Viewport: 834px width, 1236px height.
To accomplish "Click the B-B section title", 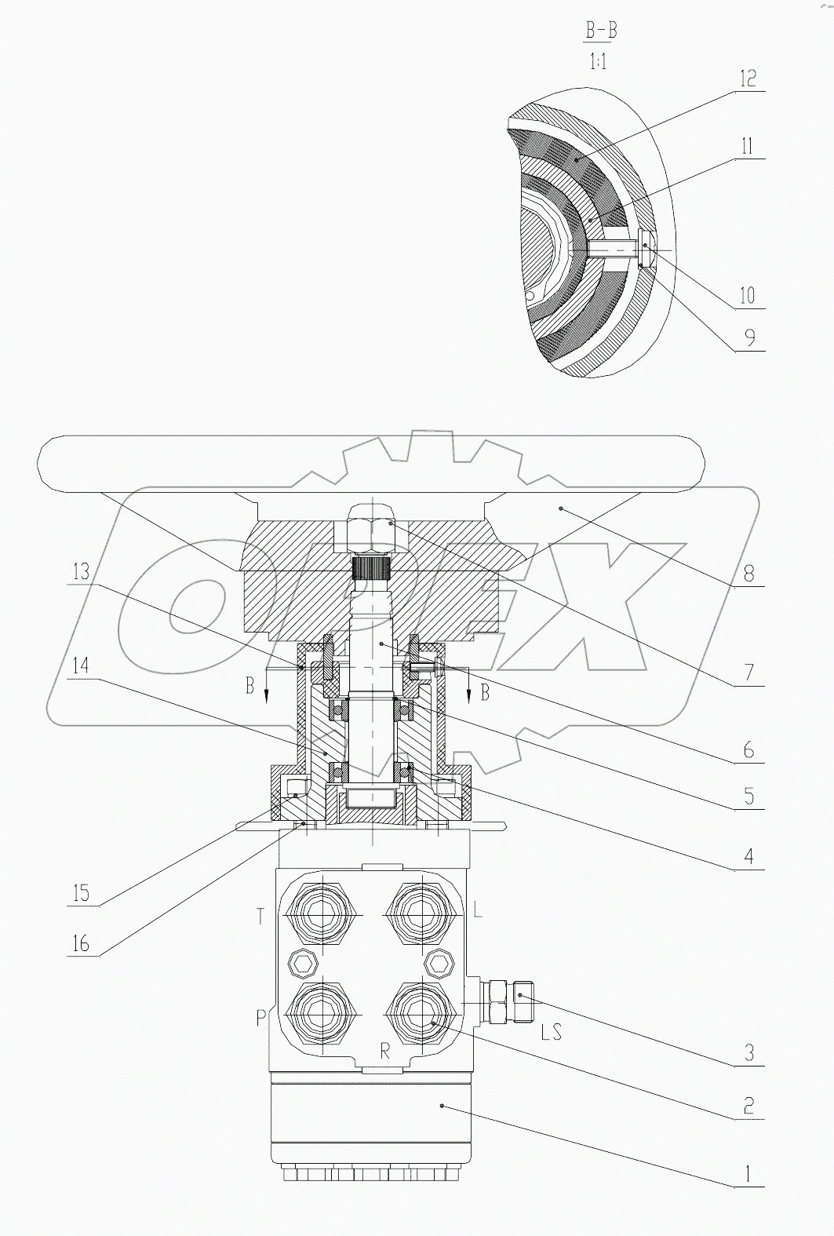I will tap(601, 31).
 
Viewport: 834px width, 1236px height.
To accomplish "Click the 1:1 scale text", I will tap(598, 61).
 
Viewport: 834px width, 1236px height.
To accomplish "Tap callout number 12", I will tap(747, 78).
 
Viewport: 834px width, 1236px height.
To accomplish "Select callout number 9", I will tap(748, 337).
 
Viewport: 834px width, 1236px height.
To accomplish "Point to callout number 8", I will tap(748, 573).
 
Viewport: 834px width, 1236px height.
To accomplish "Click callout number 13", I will tap(82, 571).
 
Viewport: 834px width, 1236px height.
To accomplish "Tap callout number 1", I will tap(748, 1174).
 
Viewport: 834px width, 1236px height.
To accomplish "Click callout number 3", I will tap(748, 1052).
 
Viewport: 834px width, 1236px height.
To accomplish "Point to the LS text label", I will tap(551, 1032).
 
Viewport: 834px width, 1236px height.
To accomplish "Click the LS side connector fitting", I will tap(510, 1001).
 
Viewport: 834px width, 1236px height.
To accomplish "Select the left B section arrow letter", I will tap(249, 686).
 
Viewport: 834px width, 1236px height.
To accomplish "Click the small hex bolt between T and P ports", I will tap(304, 962).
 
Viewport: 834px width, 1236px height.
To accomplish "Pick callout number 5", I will tap(748, 796).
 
